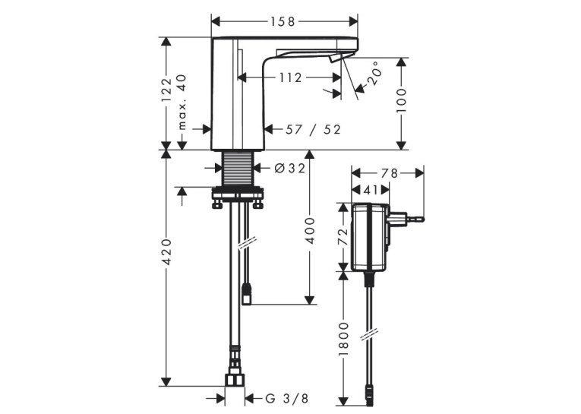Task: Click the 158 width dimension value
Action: [283, 22]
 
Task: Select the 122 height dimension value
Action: [167, 90]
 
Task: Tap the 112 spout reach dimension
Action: [290, 77]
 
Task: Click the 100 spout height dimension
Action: [401, 100]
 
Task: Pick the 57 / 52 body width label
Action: [313, 129]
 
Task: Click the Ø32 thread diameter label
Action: [290, 169]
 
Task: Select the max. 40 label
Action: [182, 102]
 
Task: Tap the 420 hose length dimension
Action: [167, 251]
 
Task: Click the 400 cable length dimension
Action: [310, 230]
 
